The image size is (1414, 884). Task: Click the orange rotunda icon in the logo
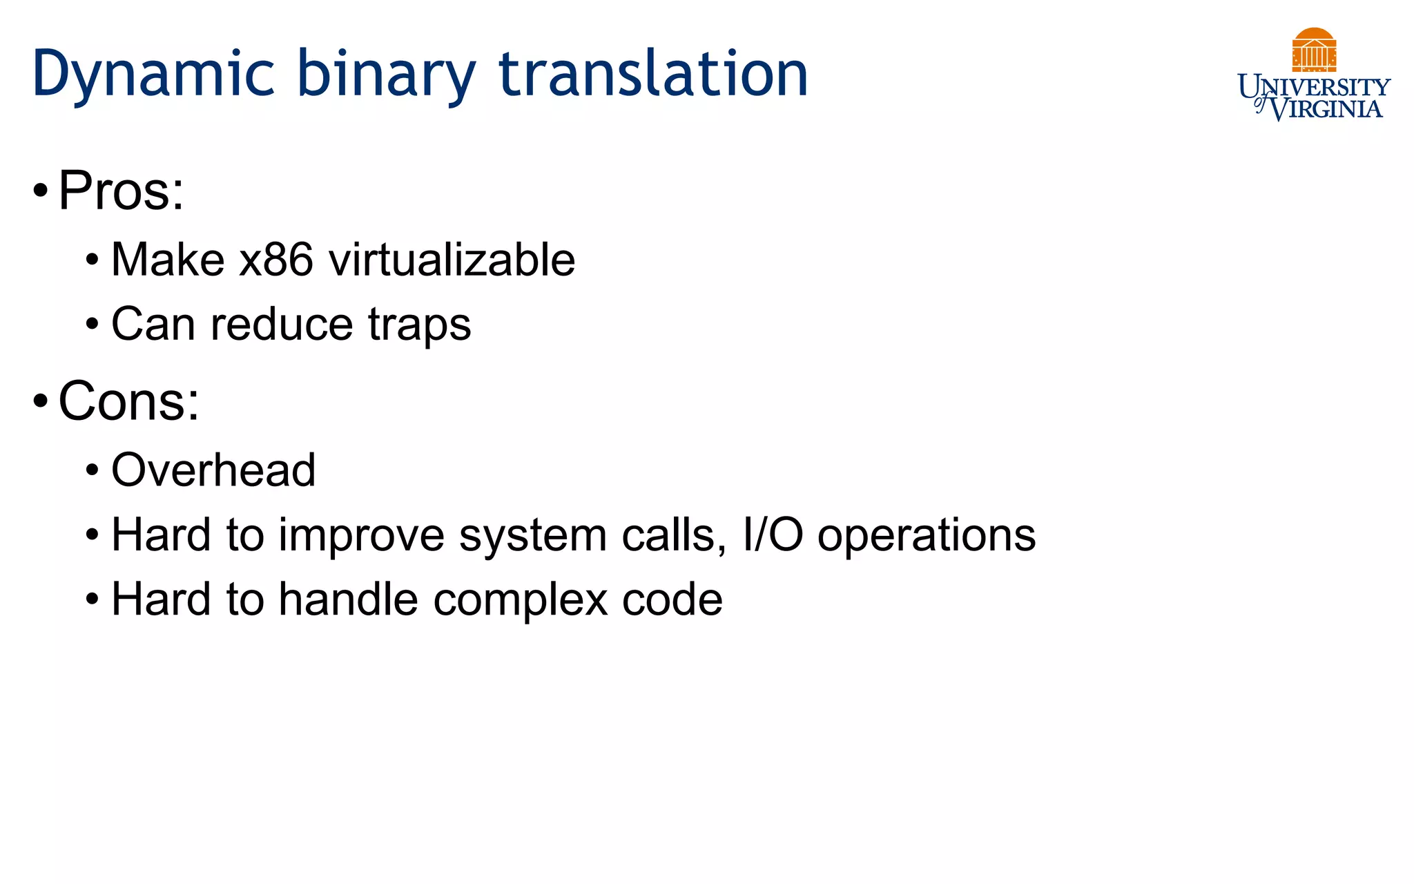pyautogui.click(x=1314, y=50)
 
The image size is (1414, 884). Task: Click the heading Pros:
pyautogui.click(x=122, y=191)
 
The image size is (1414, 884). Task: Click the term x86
pyautogui.click(x=276, y=260)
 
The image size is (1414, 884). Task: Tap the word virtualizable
pyautogui.click(x=452, y=260)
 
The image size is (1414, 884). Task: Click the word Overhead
pyautogui.click(x=213, y=470)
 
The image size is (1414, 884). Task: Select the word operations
pyautogui.click(x=927, y=536)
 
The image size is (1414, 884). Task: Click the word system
pyautogui.click(x=532, y=536)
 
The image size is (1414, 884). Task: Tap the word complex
pyautogui.click(x=521, y=599)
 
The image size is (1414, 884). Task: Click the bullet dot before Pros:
pyautogui.click(x=41, y=191)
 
